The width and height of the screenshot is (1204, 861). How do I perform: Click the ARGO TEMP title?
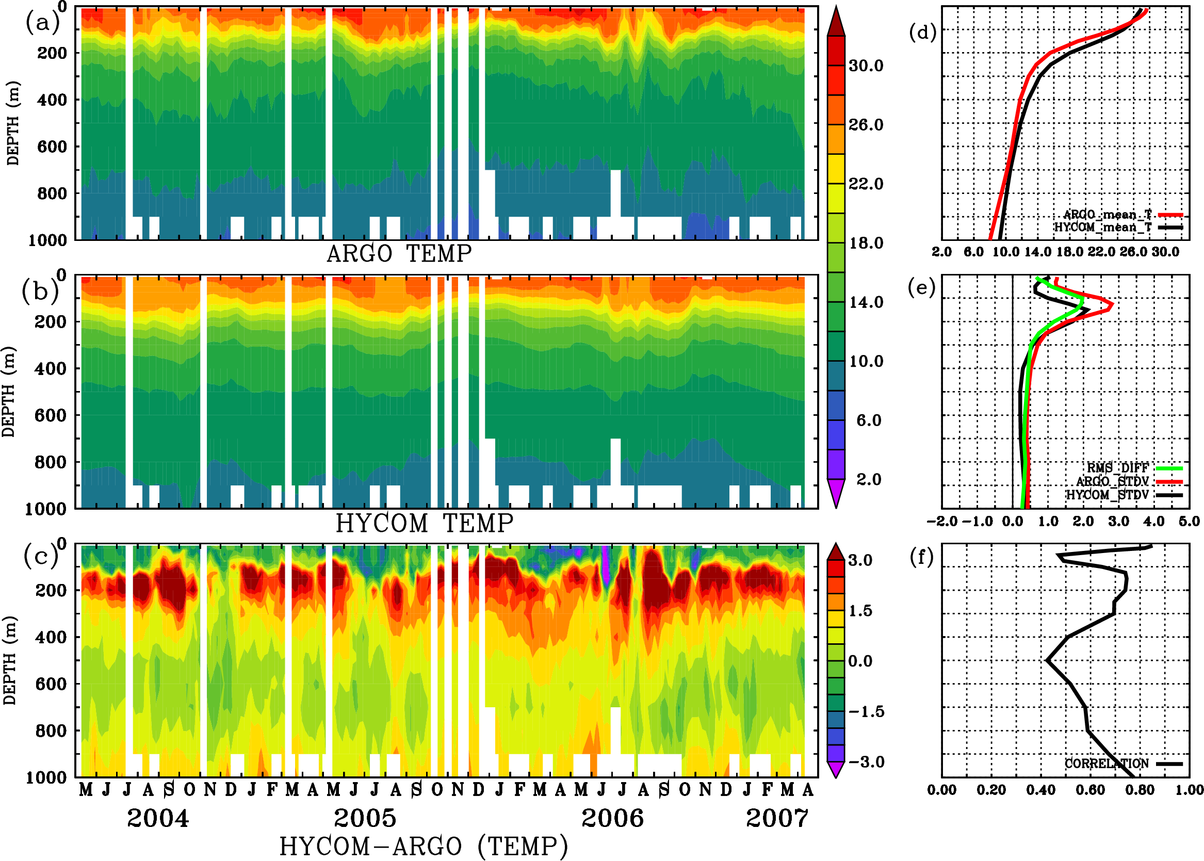tap(399, 254)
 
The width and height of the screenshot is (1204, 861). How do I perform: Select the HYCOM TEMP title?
tap(425, 523)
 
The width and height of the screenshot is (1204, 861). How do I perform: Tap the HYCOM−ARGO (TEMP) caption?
tap(423, 846)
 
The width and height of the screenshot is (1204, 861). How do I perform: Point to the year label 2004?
tap(157, 818)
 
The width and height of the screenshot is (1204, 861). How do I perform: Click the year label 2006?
tap(612, 818)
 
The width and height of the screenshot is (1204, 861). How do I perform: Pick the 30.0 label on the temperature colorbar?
tap(866, 66)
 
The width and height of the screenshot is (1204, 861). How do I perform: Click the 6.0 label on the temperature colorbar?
tap(868, 420)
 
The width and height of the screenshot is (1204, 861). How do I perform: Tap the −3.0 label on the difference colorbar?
tap(866, 762)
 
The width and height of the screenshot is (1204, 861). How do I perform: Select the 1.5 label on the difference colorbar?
tap(860, 611)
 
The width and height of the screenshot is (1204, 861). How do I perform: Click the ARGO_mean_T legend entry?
tap(1108, 215)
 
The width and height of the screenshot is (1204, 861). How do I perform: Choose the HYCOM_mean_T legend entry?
tap(1103, 228)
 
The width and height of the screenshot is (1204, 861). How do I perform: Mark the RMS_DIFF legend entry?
tap(1117, 467)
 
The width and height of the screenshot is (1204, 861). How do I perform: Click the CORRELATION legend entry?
tap(1107, 763)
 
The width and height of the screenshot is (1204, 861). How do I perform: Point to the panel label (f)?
tap(922, 557)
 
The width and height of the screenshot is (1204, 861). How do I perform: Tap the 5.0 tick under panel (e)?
tap(1189, 521)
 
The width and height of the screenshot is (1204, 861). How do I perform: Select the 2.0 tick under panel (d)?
tap(941, 252)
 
